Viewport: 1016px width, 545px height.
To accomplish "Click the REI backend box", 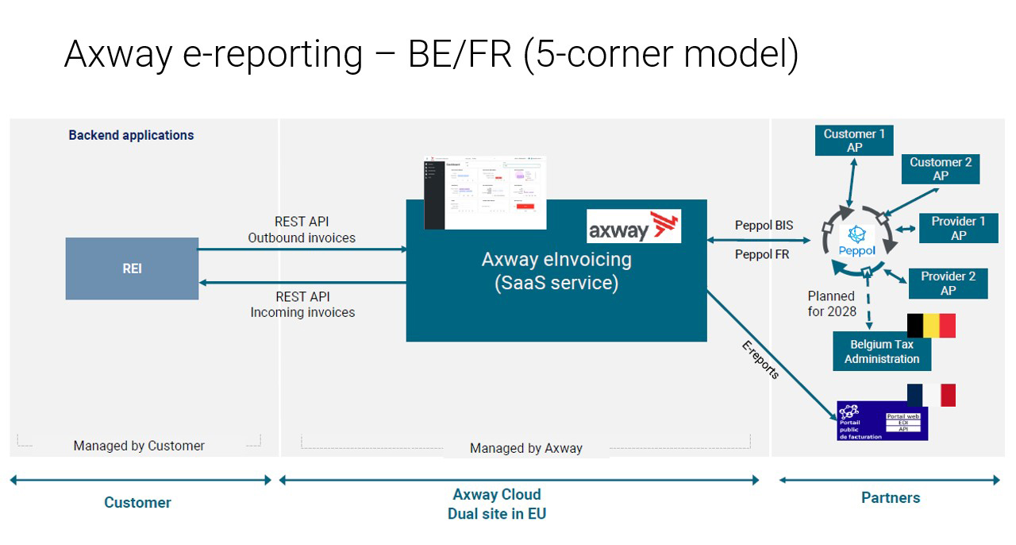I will click(132, 269).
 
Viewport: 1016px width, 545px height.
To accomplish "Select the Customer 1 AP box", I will click(854, 141).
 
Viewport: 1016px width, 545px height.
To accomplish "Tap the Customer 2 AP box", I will click(941, 168).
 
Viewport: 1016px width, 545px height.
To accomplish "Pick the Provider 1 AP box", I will click(958, 228).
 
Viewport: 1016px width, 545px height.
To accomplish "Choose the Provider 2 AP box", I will click(948, 283).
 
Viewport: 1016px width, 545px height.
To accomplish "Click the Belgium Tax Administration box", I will click(881, 351).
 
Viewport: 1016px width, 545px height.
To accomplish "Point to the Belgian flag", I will click(931, 326).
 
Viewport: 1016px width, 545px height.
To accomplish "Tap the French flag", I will click(931, 395).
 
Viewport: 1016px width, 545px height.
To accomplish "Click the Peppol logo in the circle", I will click(856, 240).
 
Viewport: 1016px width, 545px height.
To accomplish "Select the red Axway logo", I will click(634, 226).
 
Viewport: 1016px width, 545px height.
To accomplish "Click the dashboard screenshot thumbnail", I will click(485, 193).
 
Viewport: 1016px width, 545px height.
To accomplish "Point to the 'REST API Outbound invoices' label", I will click(302, 230).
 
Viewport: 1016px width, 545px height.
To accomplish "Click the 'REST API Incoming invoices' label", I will click(302, 304).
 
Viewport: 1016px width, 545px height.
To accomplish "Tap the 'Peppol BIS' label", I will click(764, 226).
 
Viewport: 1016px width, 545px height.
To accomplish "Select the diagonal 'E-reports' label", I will click(760, 360).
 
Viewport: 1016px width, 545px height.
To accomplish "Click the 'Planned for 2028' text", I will click(832, 303).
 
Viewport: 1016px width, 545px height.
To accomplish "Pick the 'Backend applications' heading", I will click(131, 135).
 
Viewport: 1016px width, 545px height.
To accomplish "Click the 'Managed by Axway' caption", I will click(525, 448).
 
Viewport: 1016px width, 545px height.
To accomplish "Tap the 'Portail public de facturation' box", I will click(882, 421).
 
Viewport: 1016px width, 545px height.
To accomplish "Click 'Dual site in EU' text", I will click(496, 513).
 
